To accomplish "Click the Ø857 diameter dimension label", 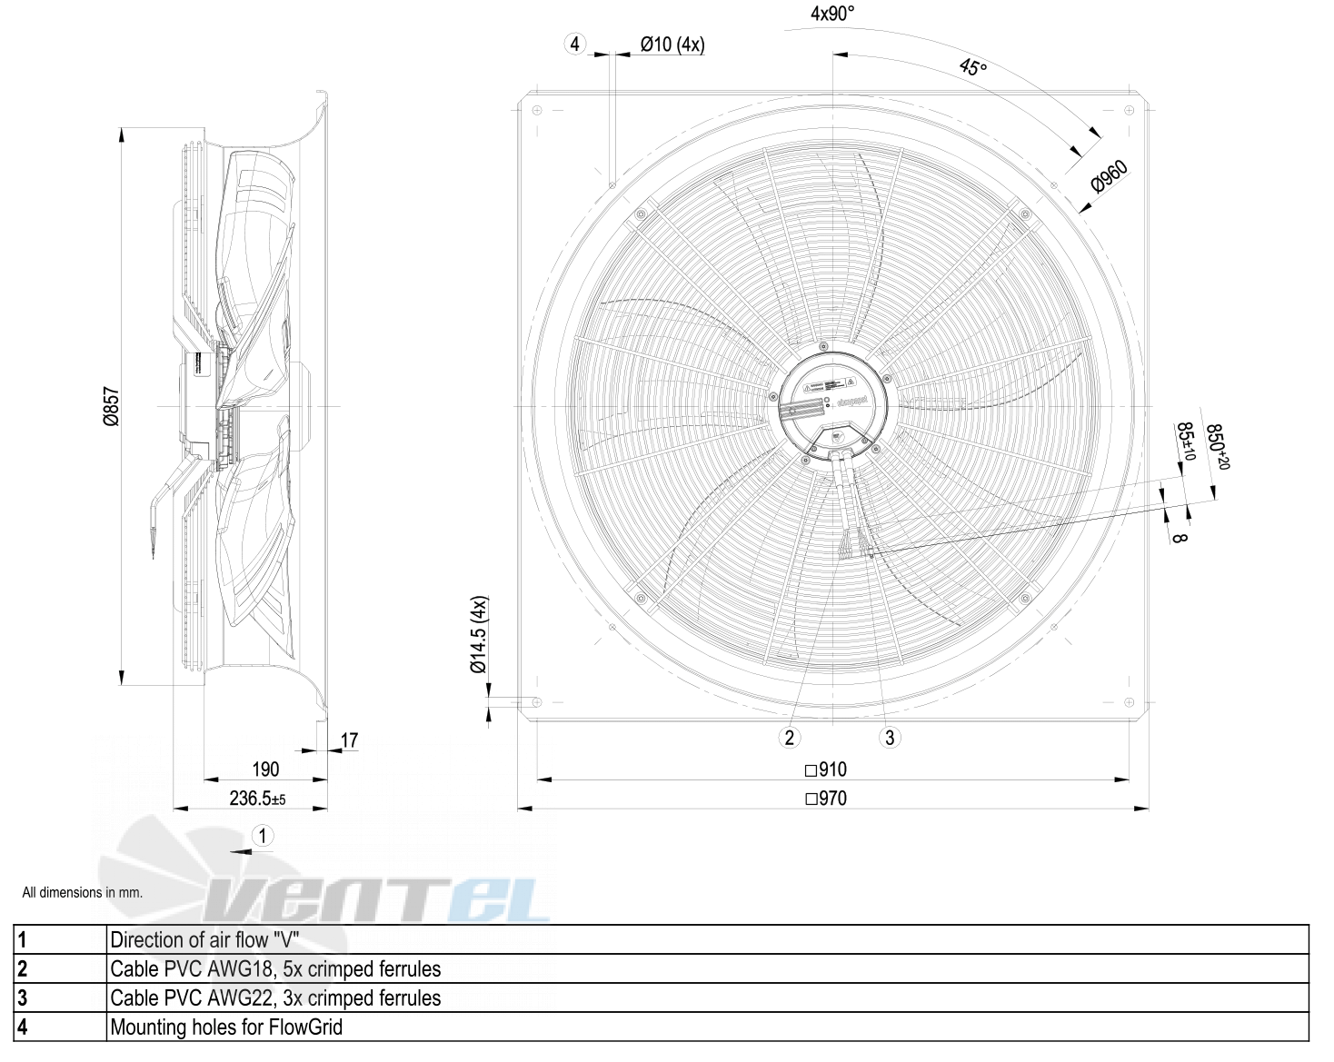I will [x=111, y=406].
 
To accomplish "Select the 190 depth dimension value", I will [x=264, y=769].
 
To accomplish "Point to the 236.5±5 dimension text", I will [x=257, y=799].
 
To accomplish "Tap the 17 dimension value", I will [x=349, y=740].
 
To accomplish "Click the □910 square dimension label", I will [x=825, y=769].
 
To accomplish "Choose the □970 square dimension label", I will [x=825, y=799].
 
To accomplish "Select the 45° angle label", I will [x=971, y=66].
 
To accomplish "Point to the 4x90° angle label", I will [x=832, y=14].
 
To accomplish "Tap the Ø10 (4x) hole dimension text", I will [x=672, y=44].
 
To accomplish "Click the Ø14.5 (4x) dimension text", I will [x=479, y=635].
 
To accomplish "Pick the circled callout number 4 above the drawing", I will [x=574, y=44].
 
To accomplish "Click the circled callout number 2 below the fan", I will [x=790, y=737].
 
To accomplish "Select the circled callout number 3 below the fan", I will [x=890, y=737].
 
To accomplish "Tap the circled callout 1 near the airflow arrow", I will [x=263, y=836].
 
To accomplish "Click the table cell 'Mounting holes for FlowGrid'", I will [x=226, y=1027].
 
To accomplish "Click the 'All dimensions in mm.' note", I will [x=83, y=892].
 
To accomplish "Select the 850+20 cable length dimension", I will [x=1216, y=447].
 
